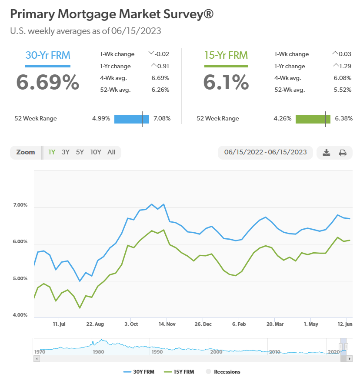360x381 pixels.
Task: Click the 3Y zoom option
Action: (x=66, y=152)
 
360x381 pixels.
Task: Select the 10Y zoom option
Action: (x=96, y=152)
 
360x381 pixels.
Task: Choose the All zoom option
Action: (x=111, y=152)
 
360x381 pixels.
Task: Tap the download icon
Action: (x=327, y=153)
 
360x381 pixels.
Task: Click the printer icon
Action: (x=343, y=153)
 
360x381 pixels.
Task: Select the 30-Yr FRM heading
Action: (x=48, y=55)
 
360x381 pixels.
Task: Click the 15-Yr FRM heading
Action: (x=226, y=55)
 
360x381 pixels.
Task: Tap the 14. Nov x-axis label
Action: (x=167, y=324)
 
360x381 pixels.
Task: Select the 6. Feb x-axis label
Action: (x=239, y=324)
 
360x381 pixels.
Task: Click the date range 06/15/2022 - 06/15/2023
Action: (x=265, y=152)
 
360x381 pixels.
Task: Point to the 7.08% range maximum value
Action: (x=162, y=118)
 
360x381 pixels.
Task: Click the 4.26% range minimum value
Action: (x=283, y=118)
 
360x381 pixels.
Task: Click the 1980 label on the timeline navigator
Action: (x=98, y=351)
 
